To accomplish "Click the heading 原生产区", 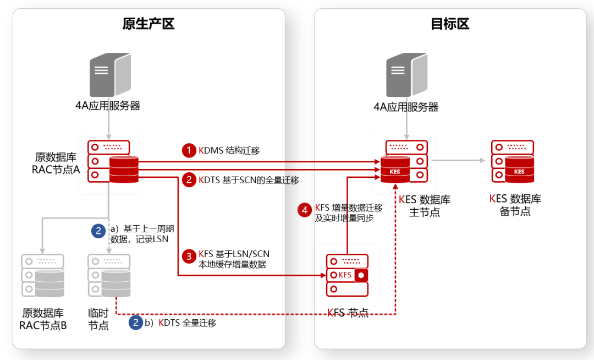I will point(148,24).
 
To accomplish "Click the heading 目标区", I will point(450,24).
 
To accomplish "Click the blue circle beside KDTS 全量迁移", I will point(135,323).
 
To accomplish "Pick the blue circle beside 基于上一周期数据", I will point(98,231).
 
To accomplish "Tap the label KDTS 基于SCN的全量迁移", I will point(249,179).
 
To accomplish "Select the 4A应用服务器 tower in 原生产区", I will point(110,74).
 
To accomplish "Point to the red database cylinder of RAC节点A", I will point(124,168).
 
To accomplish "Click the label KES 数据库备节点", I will point(515,204).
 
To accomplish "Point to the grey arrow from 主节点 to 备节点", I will point(459,160).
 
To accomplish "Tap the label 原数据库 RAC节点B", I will point(43,319).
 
